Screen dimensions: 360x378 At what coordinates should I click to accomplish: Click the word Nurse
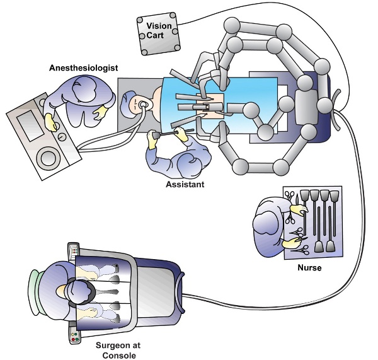coord(309,268)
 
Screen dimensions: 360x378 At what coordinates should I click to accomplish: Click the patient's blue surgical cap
coord(129,100)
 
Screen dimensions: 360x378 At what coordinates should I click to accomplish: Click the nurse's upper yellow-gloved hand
coord(299,207)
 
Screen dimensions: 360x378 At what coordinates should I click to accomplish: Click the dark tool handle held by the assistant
coord(165,134)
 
